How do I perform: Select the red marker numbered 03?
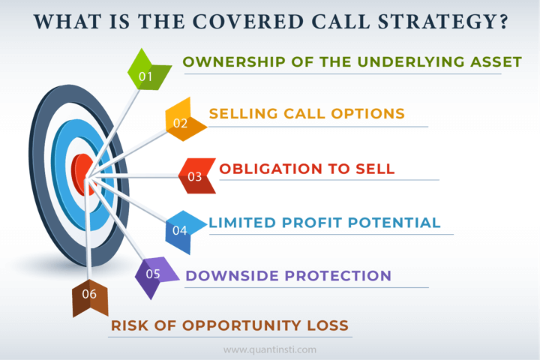197,175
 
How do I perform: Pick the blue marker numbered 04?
183,231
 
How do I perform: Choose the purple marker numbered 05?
155,275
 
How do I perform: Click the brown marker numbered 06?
90,298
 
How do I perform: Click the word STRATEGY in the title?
443,22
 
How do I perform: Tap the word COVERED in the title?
248,22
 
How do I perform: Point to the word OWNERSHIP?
234,62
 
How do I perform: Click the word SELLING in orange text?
244,114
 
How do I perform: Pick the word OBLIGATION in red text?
271,169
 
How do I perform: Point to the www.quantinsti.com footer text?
270,350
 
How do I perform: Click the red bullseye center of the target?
82,175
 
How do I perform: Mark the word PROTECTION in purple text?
338,276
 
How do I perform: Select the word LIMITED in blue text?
242,223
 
